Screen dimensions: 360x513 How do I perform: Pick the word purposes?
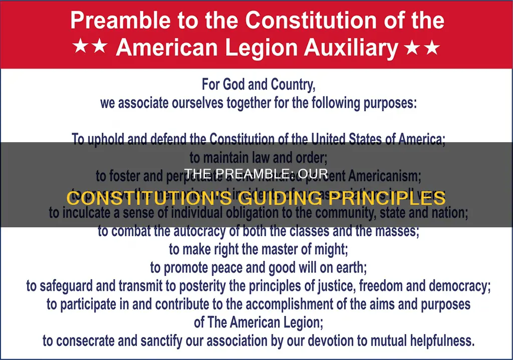tap(383, 104)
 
